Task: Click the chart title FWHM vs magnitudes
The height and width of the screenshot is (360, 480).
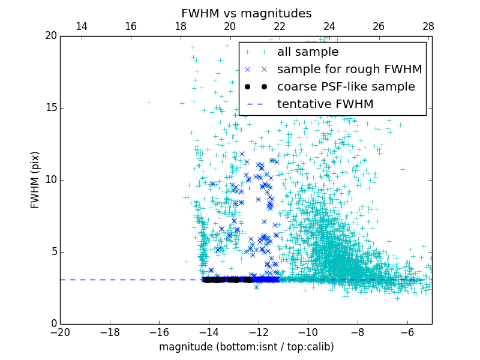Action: coord(246,13)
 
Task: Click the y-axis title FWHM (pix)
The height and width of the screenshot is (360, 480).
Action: coord(35,179)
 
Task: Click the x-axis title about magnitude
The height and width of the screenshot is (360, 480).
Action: coord(246,347)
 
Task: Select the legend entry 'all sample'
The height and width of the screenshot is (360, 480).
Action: coord(308,52)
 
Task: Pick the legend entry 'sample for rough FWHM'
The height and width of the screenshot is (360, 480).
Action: coord(349,70)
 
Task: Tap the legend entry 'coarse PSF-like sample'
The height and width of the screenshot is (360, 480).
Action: coord(346,87)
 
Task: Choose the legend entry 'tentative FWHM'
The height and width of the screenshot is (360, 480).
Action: coord(325,104)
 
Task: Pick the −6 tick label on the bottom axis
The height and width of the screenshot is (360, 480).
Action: coord(407,332)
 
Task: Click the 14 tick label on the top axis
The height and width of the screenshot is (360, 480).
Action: coord(81,26)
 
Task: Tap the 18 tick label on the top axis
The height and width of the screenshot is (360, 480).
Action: coord(180,26)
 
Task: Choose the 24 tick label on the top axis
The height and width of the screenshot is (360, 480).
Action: coord(329,26)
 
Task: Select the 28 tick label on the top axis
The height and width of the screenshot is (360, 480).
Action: coord(428,26)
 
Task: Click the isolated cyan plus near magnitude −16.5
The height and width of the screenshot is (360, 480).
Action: coord(148,103)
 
